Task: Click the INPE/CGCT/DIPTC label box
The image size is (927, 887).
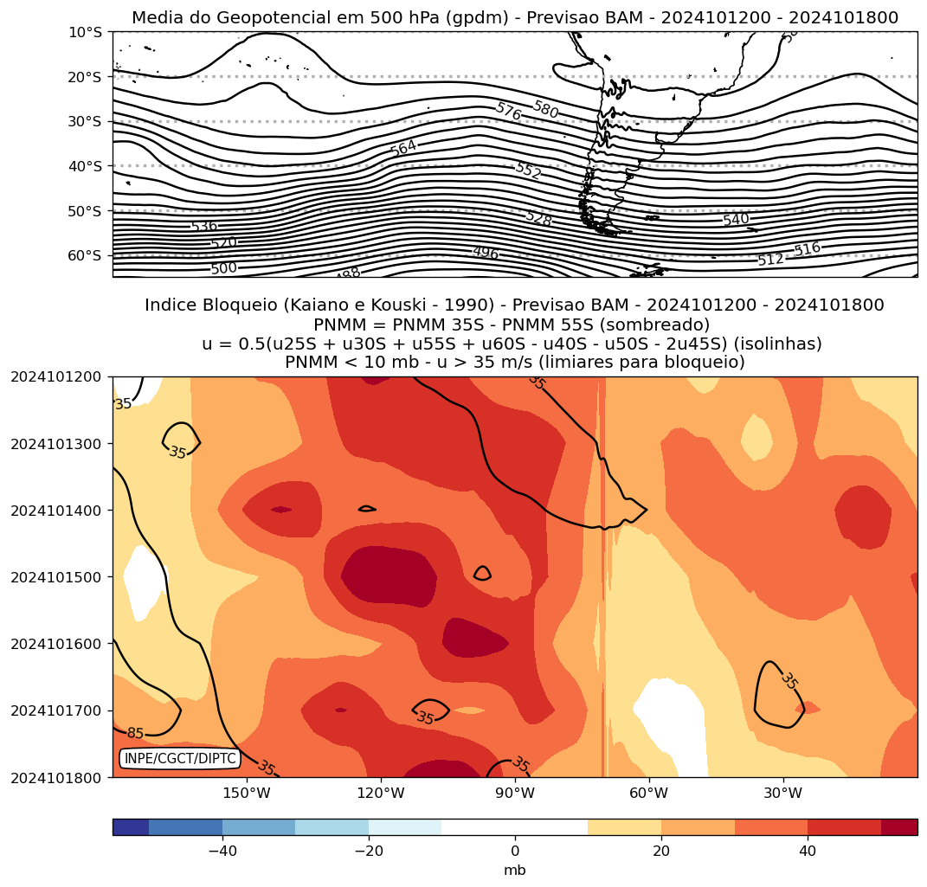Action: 180,759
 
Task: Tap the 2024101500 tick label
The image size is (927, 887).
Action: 55,577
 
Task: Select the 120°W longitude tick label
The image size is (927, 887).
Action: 382,794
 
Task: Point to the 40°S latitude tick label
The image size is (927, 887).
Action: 85,166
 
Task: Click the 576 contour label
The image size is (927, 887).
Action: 509,112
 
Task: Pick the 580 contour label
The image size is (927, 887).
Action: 545,110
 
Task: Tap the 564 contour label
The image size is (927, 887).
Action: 403,148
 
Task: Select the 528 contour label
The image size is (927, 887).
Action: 538,219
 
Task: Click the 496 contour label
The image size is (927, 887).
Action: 486,253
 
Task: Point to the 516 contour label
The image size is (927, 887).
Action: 807,249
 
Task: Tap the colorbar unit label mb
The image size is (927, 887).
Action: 515,871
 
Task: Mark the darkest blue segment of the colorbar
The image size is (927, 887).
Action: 131,827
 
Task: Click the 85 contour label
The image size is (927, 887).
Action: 136,734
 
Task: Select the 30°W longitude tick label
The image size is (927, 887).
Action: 783,794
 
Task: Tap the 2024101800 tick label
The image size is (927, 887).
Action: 55,777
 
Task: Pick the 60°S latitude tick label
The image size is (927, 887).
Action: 85,256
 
